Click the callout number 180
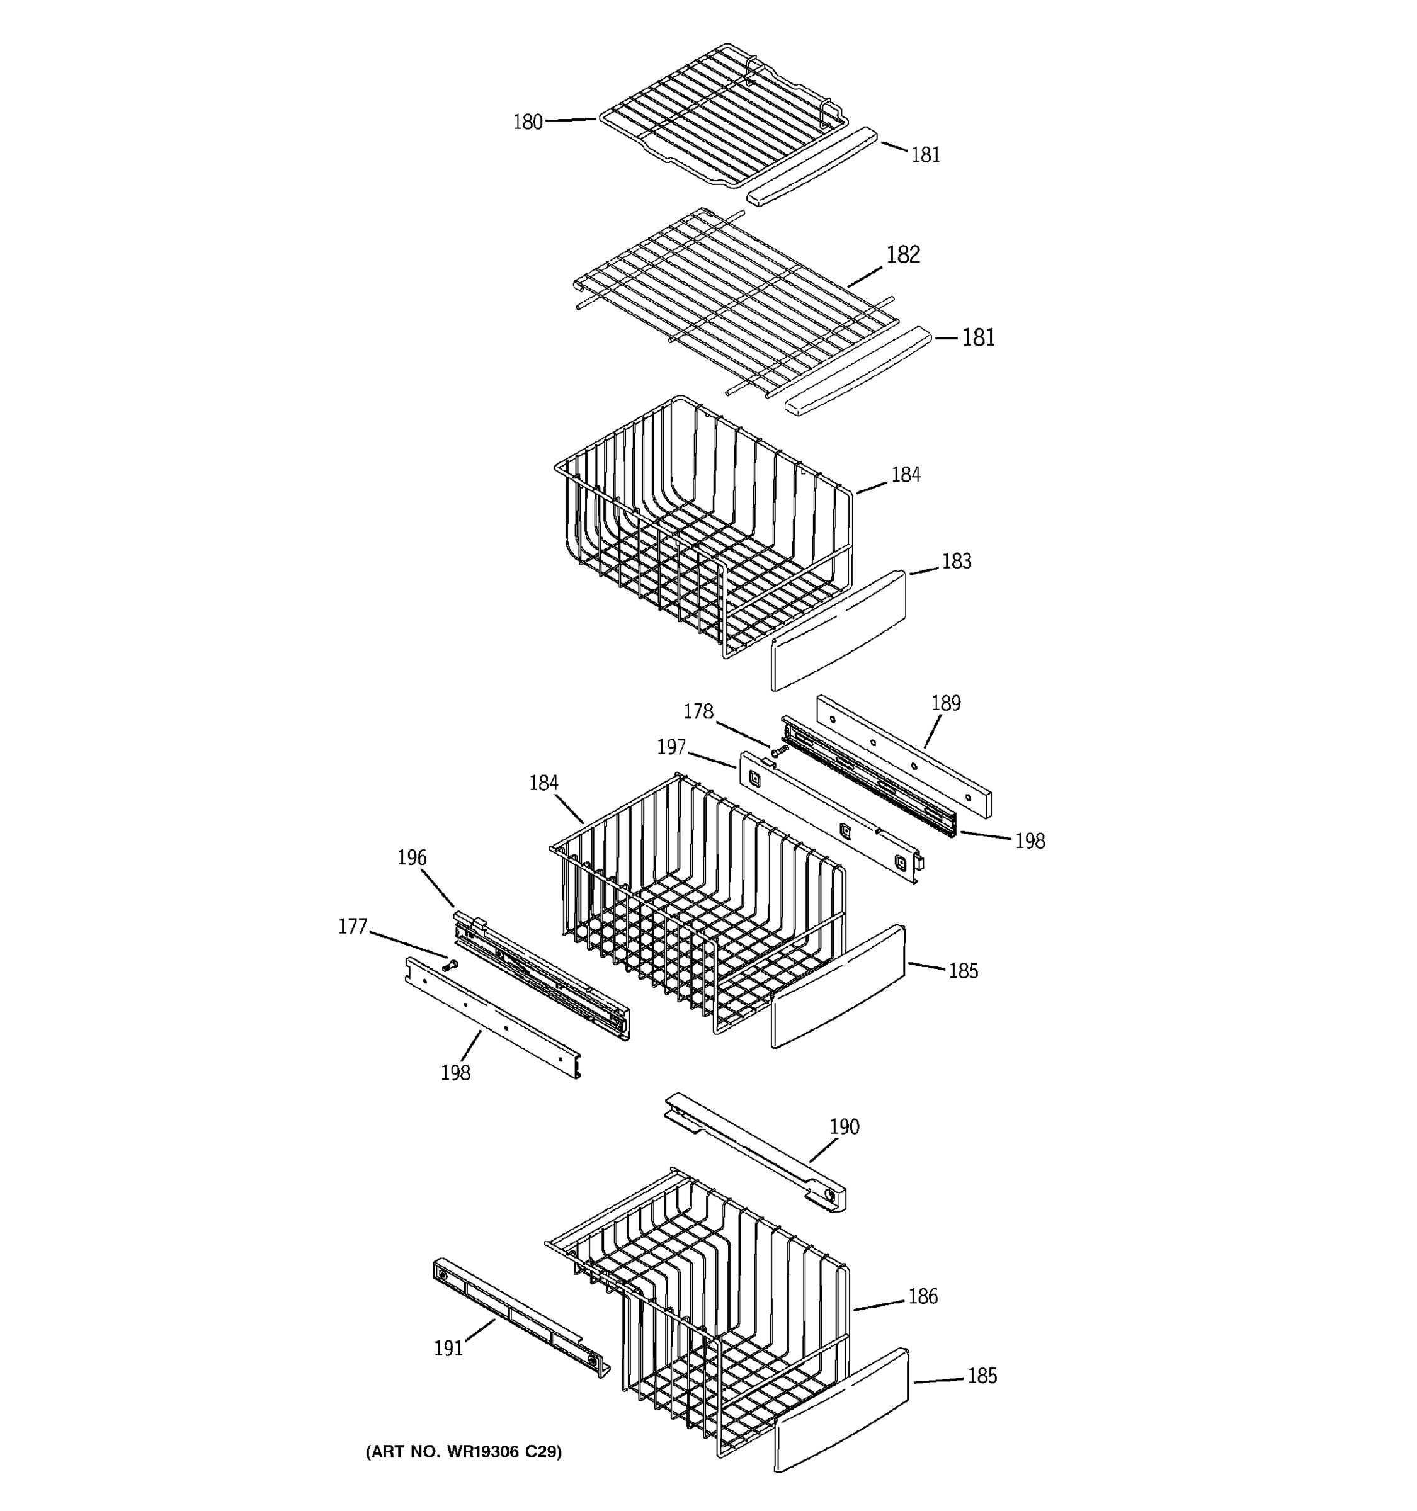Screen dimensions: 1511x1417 click(x=528, y=122)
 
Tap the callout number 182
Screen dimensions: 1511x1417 click(x=902, y=254)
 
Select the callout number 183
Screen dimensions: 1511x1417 click(x=957, y=561)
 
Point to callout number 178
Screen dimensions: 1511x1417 click(x=698, y=711)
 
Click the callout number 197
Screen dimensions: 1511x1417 click(x=671, y=747)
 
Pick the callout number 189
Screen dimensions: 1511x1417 click(x=946, y=703)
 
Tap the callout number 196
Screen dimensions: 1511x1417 click(x=411, y=857)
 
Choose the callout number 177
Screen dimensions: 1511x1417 click(x=352, y=927)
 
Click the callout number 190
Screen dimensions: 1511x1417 click(x=844, y=1126)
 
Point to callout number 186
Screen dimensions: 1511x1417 click(x=922, y=1296)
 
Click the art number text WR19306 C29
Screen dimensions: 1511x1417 click(x=463, y=1452)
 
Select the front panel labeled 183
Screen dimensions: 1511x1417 click(x=838, y=631)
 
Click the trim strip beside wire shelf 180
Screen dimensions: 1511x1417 click(x=812, y=166)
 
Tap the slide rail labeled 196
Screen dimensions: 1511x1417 click(x=541, y=976)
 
